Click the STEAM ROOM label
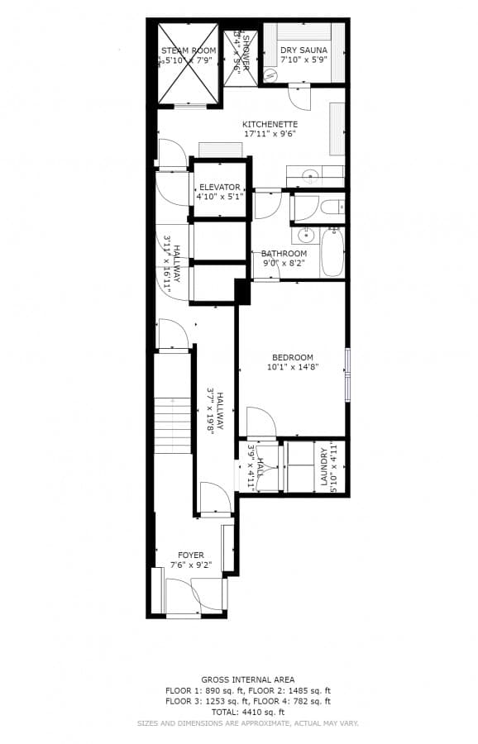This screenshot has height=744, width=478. (x=188, y=50)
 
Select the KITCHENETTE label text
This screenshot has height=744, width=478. (x=270, y=124)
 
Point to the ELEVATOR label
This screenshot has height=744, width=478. (x=220, y=188)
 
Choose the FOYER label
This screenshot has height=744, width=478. (x=191, y=556)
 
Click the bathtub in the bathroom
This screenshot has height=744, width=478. (x=332, y=250)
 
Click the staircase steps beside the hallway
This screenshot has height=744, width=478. (x=172, y=425)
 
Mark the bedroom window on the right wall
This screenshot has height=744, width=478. (x=347, y=374)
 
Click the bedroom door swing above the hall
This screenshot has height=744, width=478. (x=260, y=422)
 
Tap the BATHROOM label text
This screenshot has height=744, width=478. (x=284, y=254)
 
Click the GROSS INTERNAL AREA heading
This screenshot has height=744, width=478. (x=248, y=680)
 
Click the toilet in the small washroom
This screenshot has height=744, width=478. (x=330, y=207)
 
